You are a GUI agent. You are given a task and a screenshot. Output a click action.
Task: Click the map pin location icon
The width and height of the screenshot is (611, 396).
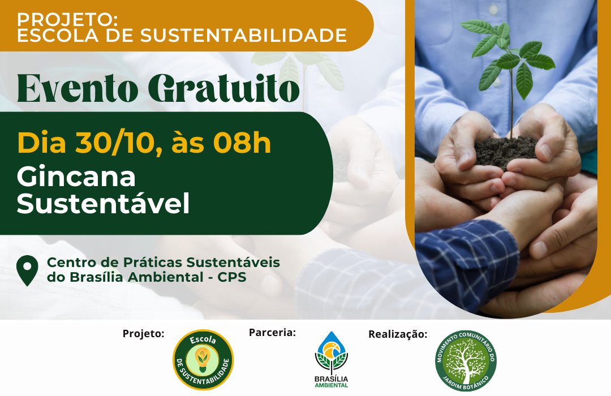pyautogui.click(x=27, y=270)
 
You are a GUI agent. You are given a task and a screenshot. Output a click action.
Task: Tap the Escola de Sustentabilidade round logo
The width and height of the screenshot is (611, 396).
pyautogui.click(x=203, y=360)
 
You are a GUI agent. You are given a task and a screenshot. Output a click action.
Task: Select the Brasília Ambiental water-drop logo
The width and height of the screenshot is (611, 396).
pyautogui.click(x=332, y=359)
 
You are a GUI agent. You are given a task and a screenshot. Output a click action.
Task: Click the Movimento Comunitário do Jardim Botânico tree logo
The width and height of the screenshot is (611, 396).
pyautogui.click(x=466, y=361)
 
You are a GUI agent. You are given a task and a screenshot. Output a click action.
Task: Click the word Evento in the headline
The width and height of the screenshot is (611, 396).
pyautogui.click(x=78, y=88)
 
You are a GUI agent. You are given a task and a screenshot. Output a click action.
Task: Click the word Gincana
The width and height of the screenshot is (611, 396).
pyautogui.click(x=76, y=177)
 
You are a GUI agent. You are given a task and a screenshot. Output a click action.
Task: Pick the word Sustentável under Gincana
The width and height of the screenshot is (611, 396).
pyautogui.click(x=104, y=203)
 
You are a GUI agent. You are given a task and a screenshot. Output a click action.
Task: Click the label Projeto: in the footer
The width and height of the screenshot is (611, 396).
pyautogui.click(x=143, y=334)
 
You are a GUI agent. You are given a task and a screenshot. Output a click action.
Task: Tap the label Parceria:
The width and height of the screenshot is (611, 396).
pyautogui.click(x=272, y=333)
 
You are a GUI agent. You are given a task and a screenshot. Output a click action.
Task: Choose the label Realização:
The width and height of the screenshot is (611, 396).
pyautogui.click(x=398, y=334)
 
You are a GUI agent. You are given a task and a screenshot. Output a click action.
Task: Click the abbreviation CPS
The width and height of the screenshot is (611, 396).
pyautogui.click(x=232, y=277)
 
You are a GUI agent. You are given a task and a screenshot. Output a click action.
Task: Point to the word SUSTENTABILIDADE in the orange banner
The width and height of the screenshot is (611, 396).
pyautogui.click(x=243, y=36)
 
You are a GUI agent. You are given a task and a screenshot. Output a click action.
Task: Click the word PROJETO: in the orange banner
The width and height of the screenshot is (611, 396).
pyautogui.click(x=67, y=19)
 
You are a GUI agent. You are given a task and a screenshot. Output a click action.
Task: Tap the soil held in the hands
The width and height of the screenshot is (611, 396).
pyautogui.click(x=506, y=152)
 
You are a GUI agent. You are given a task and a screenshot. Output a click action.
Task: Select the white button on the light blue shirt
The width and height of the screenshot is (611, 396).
pyautogui.click(x=494, y=10)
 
